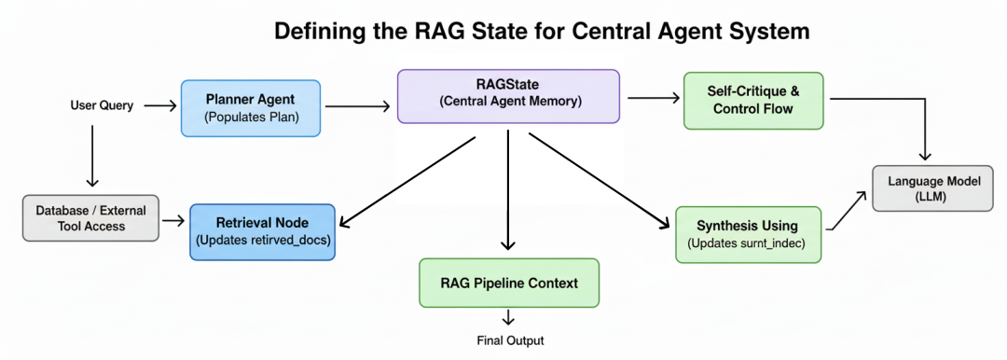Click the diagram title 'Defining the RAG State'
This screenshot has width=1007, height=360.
542,32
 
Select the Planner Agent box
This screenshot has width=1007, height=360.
250,108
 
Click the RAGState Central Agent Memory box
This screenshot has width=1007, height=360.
509,96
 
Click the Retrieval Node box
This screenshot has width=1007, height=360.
262,231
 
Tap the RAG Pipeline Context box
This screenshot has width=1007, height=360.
509,283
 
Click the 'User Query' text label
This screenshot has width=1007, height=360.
102,105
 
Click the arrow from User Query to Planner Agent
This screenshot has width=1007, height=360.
159,106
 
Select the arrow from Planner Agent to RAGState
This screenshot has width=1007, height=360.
358,107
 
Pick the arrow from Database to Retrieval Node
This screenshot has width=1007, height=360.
172,222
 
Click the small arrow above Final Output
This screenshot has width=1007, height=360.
508,317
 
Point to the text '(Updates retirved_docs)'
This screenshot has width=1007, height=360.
262,241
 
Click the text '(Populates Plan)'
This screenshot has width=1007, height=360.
250,118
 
